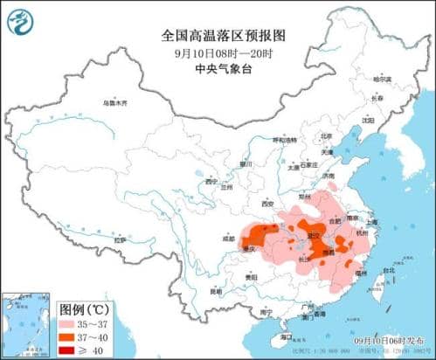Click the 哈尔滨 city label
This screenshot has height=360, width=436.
point(382,80)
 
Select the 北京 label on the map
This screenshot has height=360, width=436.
point(326,136)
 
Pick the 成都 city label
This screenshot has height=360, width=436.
point(229,237)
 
